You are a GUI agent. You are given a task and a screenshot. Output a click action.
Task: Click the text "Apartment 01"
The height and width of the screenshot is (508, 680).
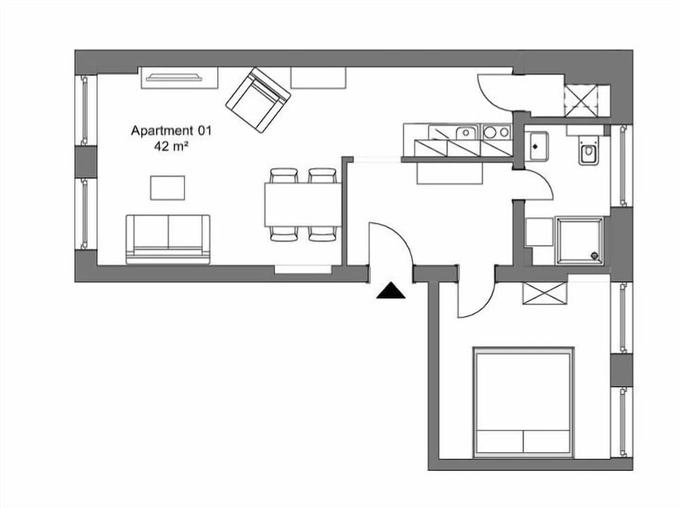click(x=171, y=130)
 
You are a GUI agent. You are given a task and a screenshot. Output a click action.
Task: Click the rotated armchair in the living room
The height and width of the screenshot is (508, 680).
click(x=258, y=100)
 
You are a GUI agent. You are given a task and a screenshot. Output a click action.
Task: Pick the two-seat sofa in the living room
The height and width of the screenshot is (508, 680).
click(x=168, y=238)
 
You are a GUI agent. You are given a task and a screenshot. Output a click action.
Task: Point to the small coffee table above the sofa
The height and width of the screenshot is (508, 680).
click(x=167, y=188)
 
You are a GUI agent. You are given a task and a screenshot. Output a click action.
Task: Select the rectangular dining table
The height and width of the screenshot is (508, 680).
click(x=303, y=204)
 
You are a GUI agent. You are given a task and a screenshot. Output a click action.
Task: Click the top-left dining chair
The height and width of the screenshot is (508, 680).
click(x=284, y=175)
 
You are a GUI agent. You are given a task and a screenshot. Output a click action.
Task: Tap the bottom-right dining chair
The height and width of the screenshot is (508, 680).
click(x=322, y=233)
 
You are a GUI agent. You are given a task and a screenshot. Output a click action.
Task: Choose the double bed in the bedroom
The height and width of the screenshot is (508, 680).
click(x=523, y=402)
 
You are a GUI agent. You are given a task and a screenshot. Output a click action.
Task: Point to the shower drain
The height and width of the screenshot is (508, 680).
click(x=596, y=256)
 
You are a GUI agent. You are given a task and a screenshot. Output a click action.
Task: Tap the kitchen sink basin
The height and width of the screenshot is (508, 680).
click(x=465, y=132)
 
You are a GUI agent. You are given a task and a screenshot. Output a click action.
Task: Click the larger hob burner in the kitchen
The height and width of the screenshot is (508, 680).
click(x=490, y=133)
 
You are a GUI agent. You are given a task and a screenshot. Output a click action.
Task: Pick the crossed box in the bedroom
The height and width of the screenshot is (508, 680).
click(x=545, y=293)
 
